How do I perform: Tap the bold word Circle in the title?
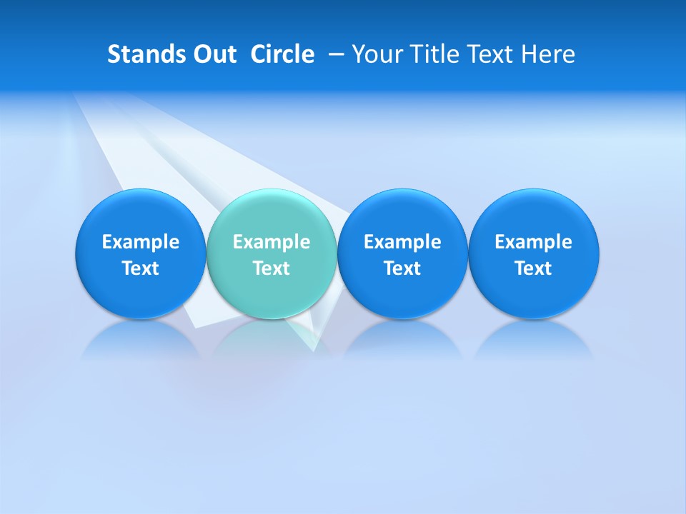coord(282,54)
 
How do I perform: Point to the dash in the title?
coord(334,55)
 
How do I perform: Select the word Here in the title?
coord(549,54)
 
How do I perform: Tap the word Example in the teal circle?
coord(272,242)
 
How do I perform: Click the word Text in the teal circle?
coord(272,268)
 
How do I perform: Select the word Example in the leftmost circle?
coord(141,242)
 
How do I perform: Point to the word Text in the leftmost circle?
coord(141,268)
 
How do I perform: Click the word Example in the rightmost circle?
coord(533,242)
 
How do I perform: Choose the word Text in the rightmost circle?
coord(533,268)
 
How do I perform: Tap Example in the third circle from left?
coord(402,242)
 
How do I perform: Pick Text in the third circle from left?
coord(402,268)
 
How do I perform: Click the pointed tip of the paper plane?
coord(314,350)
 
